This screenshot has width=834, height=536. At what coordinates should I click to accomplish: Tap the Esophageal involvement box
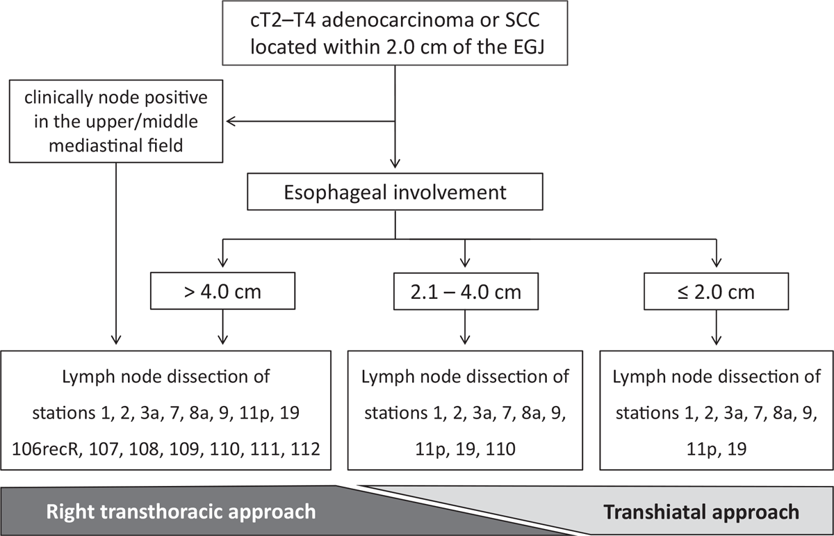coord(395,192)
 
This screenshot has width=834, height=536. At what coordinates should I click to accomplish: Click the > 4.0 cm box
coord(222,291)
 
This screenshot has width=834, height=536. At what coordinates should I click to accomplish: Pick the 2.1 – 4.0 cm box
coord(466,291)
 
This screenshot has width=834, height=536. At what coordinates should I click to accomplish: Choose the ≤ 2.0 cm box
coord(717,291)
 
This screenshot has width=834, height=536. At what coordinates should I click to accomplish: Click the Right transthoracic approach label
coord(181,512)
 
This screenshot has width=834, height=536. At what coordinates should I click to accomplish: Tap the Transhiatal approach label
coord(701,512)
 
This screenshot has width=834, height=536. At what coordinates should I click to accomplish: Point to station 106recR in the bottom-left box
coord(46,449)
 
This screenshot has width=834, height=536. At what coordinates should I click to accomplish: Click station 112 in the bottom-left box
coord(305,449)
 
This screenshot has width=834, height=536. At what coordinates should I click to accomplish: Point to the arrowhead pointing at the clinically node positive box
coord(230,121)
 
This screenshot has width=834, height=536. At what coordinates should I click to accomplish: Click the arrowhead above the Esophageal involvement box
coord(395,164)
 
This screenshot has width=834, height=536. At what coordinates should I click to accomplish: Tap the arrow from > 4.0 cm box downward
coord(222,327)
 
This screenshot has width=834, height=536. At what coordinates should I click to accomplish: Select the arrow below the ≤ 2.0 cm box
coord(717,327)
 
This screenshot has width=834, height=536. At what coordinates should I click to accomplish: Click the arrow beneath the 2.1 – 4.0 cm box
coord(465,327)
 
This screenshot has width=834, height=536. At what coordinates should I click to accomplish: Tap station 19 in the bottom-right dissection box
coord(737,449)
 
